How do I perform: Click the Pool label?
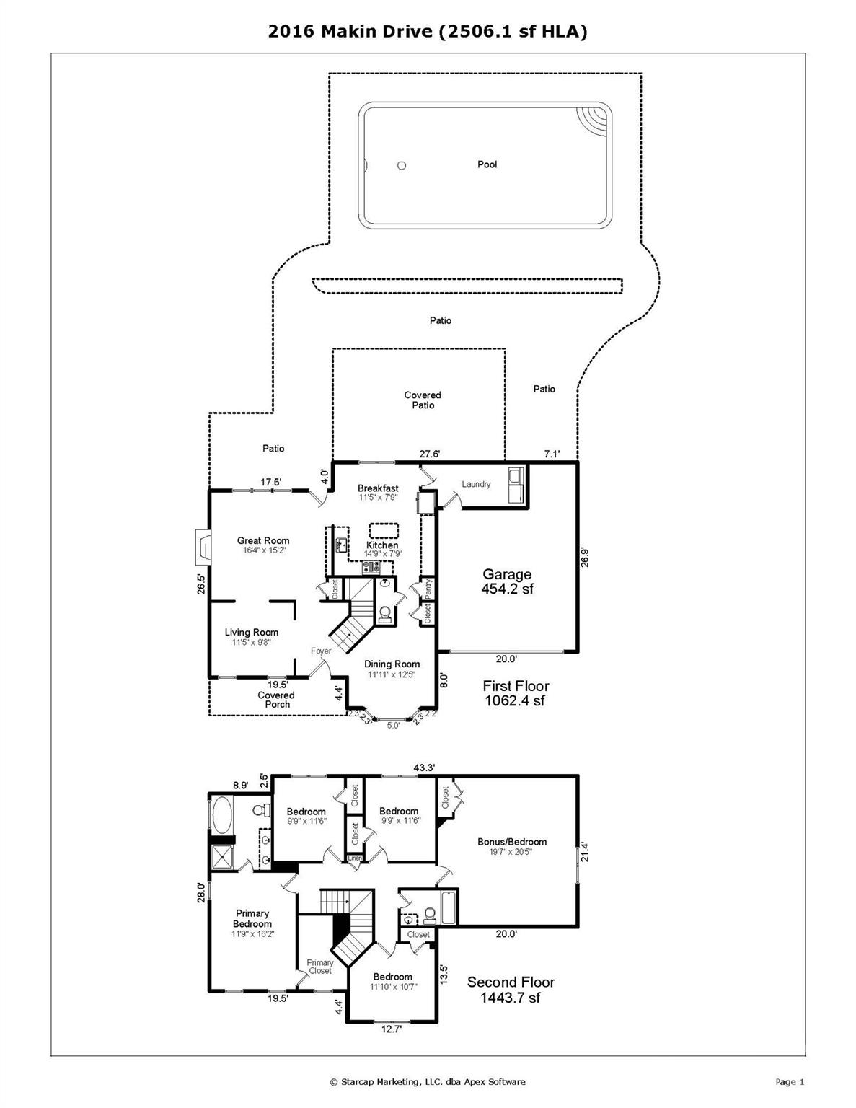coord(487,164)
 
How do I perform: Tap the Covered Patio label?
coord(423,400)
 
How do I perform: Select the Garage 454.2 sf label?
coord(507,581)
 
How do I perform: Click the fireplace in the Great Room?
coord(203,547)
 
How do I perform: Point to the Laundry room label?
coord(476,484)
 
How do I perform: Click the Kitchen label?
coord(382,545)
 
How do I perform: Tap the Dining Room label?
coord(392,664)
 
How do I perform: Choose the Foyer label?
coord(321,651)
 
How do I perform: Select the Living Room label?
coord(251,633)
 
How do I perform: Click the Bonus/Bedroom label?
coord(511,842)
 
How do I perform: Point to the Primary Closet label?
coord(320,967)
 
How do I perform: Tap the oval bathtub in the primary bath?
coord(221,814)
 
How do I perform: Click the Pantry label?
coord(428,589)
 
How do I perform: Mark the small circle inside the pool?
coord(402,165)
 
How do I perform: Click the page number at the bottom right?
coord(790,1081)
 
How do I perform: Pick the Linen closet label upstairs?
coord(355,858)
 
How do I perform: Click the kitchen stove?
coord(371,566)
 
